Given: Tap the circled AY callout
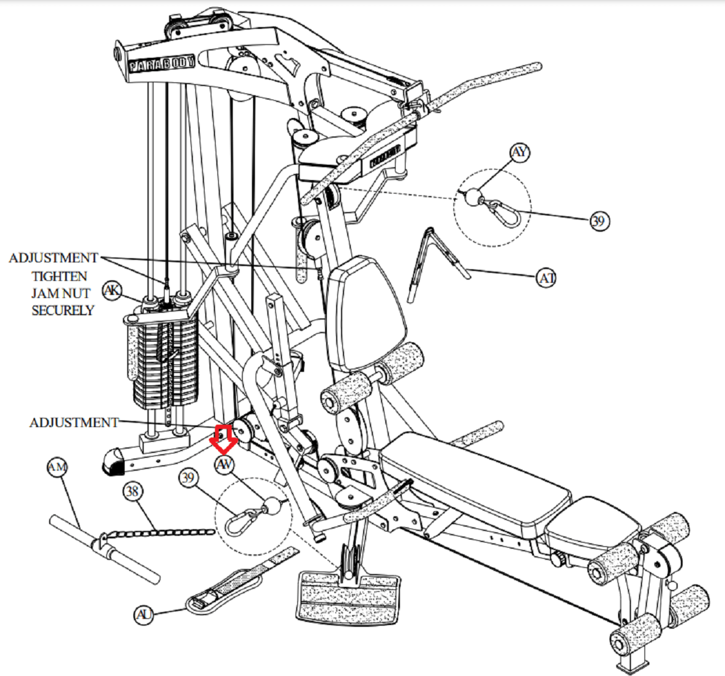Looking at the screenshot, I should tap(520, 153).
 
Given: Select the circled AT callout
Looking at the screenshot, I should tap(546, 278).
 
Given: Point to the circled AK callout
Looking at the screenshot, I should tap(111, 290).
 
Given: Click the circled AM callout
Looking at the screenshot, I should tap(57, 468).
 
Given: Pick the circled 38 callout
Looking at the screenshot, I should tap(132, 491).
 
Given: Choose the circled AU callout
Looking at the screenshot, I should tap(144, 615).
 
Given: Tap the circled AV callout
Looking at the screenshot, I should tap(225, 465).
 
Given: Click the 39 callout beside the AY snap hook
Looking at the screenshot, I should tap(599, 221).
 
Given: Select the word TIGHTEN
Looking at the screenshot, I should tap(60, 276).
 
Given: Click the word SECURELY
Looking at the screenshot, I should tap(63, 310).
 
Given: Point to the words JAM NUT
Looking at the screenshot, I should tap(61, 293).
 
